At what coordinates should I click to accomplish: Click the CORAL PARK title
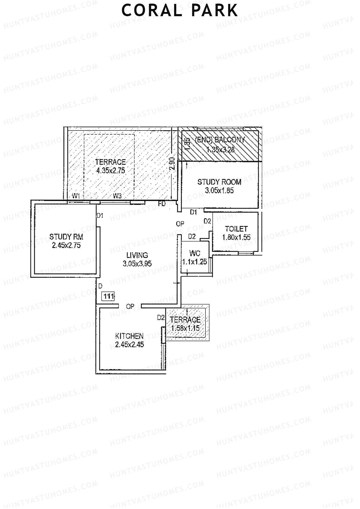click(x=180, y=10)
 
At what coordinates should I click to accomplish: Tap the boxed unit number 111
click(x=108, y=297)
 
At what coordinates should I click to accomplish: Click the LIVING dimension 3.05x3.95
click(x=137, y=264)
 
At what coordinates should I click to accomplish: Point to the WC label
click(x=195, y=253)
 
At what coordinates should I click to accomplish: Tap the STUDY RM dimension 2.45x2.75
click(x=66, y=245)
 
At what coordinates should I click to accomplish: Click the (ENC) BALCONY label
click(x=220, y=139)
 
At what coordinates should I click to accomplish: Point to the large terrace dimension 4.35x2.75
click(x=110, y=171)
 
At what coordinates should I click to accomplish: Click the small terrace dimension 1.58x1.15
click(x=185, y=328)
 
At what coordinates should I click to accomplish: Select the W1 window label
click(x=76, y=196)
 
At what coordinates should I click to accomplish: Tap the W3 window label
click(x=117, y=196)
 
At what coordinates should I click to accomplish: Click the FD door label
click(x=162, y=204)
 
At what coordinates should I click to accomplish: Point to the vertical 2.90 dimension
click(x=172, y=164)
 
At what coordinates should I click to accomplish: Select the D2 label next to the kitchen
click(x=161, y=317)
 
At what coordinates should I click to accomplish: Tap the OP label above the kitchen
click(x=130, y=307)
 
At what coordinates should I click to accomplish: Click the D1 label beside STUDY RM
click(x=100, y=215)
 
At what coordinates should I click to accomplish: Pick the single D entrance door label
click(x=100, y=286)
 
